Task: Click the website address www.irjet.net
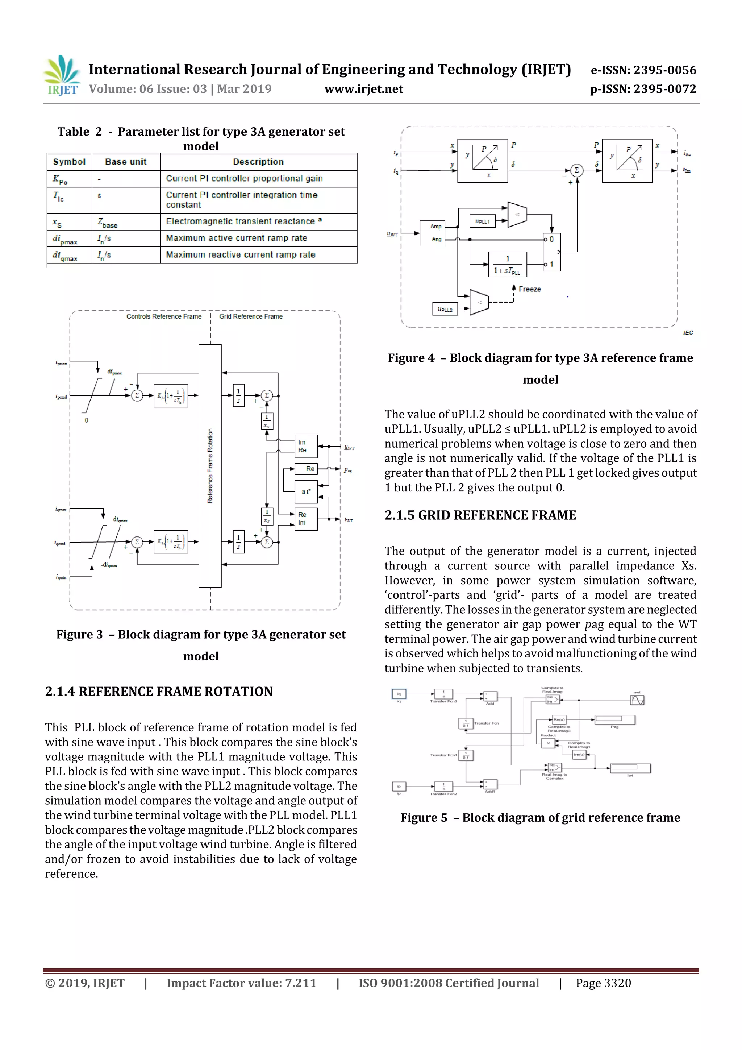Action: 363,89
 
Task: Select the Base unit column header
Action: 126,162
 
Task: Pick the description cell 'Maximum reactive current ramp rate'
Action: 241,255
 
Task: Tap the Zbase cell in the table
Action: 108,223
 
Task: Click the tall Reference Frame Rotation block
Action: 210,465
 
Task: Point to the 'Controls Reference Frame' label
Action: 164,316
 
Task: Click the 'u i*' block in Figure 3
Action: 306,491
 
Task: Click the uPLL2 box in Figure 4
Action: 445,310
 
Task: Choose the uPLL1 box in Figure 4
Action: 482,221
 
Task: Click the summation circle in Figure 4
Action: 576,170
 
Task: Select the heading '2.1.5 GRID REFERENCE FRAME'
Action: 480,515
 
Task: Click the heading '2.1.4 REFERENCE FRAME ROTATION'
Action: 159,692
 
